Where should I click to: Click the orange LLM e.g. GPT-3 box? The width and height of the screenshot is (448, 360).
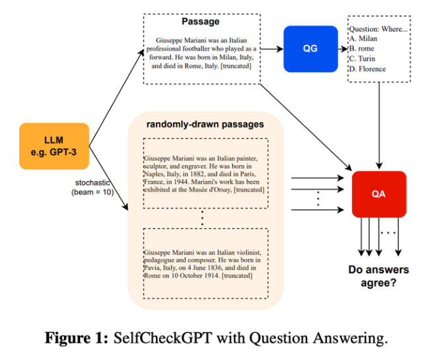(54, 146)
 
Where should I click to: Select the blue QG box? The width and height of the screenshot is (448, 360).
(311, 49)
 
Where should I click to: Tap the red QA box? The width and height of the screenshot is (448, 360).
(379, 194)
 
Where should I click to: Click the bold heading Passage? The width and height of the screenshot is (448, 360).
(201, 21)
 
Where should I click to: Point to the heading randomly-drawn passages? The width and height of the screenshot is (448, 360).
(205, 124)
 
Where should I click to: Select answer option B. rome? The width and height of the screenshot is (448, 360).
(361, 49)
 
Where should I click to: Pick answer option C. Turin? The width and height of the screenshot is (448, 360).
(362, 59)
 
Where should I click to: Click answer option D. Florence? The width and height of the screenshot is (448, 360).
(367, 69)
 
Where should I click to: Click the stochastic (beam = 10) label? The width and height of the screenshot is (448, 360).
(93, 188)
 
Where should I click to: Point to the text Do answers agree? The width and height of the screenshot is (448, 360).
(379, 276)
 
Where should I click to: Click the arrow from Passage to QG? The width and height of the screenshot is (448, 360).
(272, 49)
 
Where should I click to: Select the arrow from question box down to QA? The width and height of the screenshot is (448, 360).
(379, 126)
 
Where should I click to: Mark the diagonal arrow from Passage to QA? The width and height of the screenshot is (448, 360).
(306, 127)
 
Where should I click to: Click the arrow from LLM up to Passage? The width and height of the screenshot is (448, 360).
(117, 98)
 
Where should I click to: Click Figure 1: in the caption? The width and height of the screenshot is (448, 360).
(77, 338)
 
